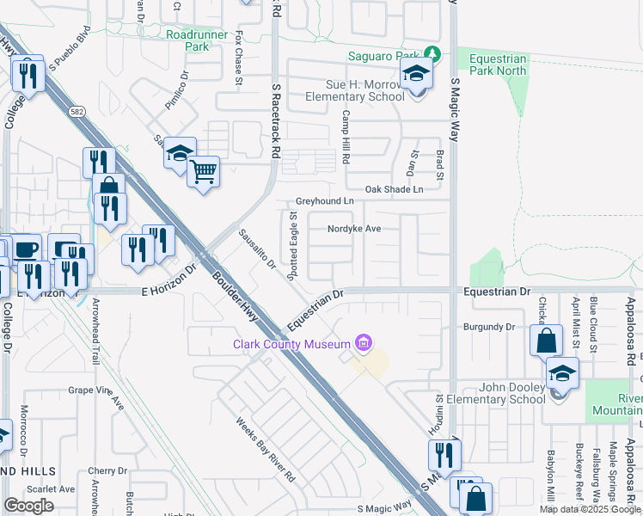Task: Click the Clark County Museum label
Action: (x=294, y=345)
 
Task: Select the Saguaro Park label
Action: (x=387, y=57)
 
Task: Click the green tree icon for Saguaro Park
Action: (x=435, y=56)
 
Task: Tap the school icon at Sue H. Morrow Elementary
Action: (x=416, y=74)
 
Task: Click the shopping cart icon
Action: (x=204, y=171)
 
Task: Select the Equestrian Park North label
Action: (x=498, y=64)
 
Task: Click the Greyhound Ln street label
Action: (x=325, y=201)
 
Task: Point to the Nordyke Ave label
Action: (x=353, y=229)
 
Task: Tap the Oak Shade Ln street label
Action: (x=394, y=189)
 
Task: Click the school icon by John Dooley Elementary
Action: (x=562, y=372)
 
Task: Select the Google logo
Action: (x=28, y=506)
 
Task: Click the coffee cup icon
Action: (x=26, y=249)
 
